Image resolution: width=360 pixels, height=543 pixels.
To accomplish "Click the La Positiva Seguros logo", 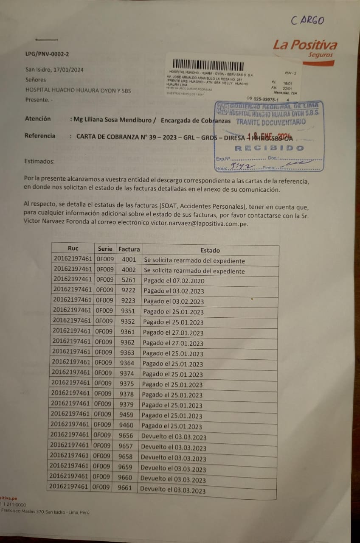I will pos(305,49).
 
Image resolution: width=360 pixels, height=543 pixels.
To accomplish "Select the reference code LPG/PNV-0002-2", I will pos(47,54).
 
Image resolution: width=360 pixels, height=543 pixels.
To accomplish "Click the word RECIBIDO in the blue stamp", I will pos(269,148).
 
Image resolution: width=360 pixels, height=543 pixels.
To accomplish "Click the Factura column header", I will pos(129,249).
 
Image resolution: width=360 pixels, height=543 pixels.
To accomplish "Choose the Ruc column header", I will pos(73,248).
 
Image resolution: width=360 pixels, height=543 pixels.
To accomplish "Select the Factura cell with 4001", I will pos(129,259).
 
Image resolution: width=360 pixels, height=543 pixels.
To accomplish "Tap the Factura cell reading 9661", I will pos(126,488).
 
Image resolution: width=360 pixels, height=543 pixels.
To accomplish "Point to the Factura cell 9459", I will pos(127,414).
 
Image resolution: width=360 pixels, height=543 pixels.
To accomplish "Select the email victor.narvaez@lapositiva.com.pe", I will pos(200,223).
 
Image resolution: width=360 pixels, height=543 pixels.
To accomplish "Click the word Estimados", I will pos(39,161).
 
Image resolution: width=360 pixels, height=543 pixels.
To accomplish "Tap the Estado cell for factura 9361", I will pos(173,333).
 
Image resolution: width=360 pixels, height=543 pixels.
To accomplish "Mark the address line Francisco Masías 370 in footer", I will pos(45,512).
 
